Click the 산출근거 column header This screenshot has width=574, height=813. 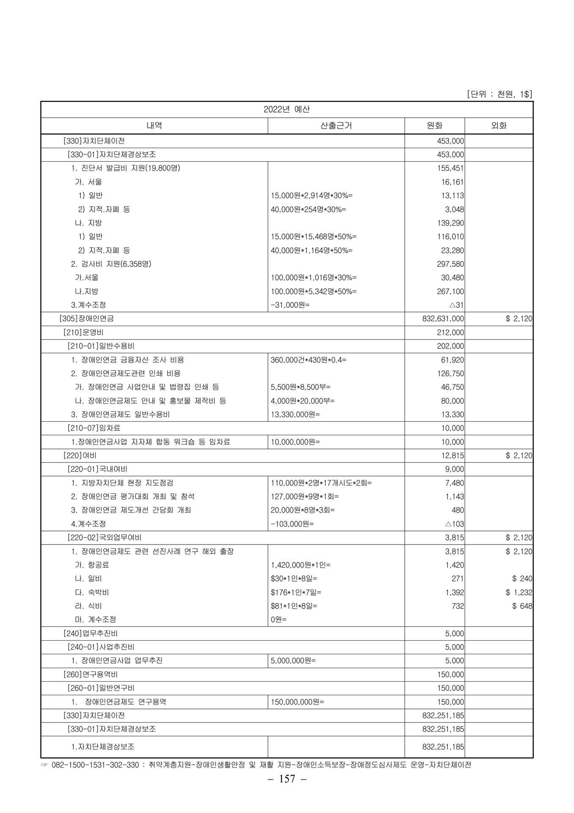[336, 126]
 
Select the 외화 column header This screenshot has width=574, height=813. [499, 126]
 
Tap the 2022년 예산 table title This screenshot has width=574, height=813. [287, 109]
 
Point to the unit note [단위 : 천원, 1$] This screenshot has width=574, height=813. [499, 94]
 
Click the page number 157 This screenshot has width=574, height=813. [287, 779]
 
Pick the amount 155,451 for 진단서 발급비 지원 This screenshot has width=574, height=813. [450, 168]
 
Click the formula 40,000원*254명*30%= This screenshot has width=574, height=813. [308, 209]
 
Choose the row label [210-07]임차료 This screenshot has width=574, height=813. [94, 428]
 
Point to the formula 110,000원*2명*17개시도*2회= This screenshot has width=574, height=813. [321, 483]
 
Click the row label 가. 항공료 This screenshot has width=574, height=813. [92, 565]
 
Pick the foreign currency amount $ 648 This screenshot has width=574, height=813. [522, 606]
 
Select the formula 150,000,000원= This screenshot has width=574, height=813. [297, 702]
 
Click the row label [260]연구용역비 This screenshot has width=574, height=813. [90, 674]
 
